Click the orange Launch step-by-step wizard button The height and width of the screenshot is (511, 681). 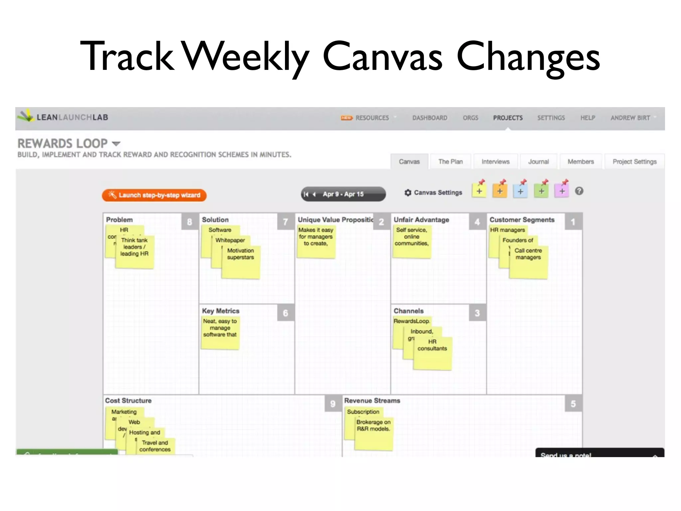pyautogui.click(x=154, y=195)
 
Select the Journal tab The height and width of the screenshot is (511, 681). pyautogui.click(x=538, y=162)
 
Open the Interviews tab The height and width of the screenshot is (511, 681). pyautogui.click(x=495, y=162)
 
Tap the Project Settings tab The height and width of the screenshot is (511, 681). pyautogui.click(x=634, y=162)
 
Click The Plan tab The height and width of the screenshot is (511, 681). pyautogui.click(x=451, y=162)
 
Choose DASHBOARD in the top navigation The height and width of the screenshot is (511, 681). pyautogui.click(x=430, y=118)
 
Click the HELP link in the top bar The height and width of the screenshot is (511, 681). pyautogui.click(x=588, y=118)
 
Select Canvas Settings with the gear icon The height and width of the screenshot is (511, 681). pyautogui.click(x=434, y=193)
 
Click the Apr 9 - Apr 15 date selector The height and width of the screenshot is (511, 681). pyautogui.click(x=343, y=194)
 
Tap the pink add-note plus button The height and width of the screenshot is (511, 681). pyautogui.click(x=562, y=191)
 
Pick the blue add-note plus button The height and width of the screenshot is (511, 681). pyautogui.click(x=520, y=191)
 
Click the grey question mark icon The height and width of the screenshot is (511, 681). pyautogui.click(x=579, y=191)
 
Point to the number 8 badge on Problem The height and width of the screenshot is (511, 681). pyautogui.click(x=190, y=222)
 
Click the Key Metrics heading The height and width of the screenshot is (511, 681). pyautogui.click(x=220, y=311)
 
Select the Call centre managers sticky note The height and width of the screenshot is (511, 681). pyautogui.click(x=528, y=263)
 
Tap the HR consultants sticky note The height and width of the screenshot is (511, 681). pyautogui.click(x=432, y=353)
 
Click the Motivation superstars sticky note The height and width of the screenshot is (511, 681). pyautogui.click(x=240, y=263)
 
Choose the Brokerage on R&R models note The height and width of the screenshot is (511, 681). pyautogui.click(x=373, y=433)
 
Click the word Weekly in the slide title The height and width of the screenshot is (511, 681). pyautogui.click(x=246, y=56)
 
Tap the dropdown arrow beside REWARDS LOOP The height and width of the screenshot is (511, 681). pyautogui.click(x=116, y=144)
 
